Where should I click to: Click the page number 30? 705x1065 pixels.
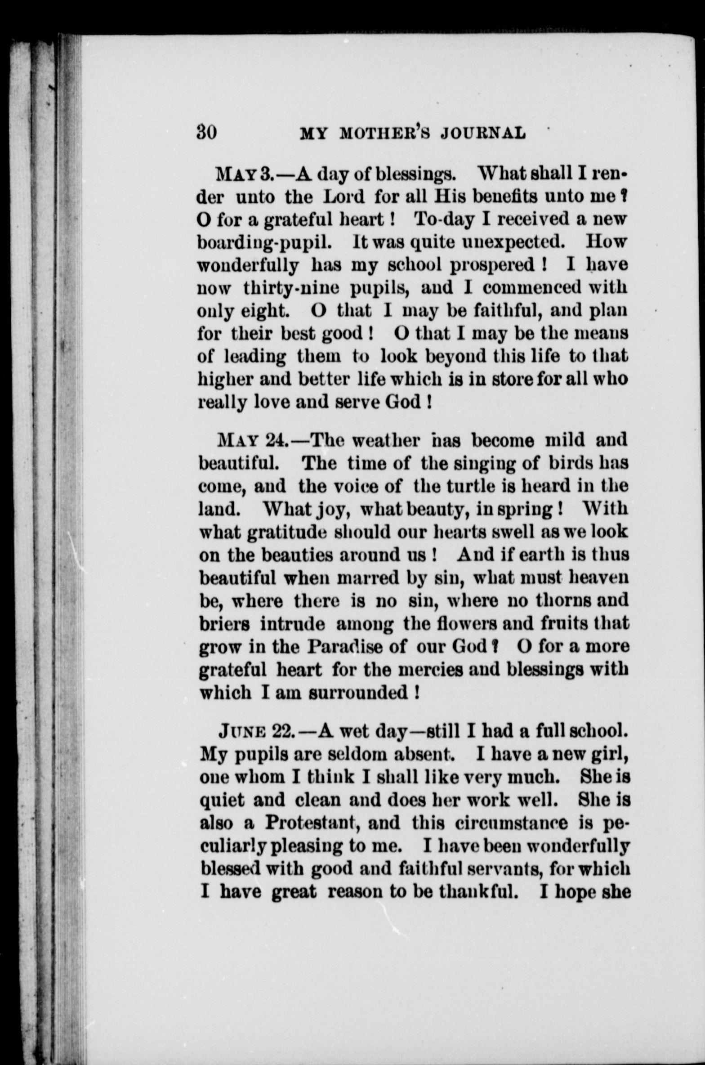207,133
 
